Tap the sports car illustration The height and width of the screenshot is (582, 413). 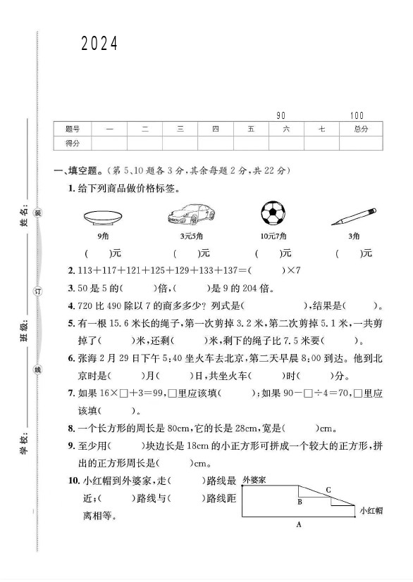coord(191,213)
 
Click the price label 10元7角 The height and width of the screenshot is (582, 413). coord(273,235)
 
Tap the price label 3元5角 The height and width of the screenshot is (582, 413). coord(191,235)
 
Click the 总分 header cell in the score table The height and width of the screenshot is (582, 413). coord(362,129)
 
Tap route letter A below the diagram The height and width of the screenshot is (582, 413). coord(299,524)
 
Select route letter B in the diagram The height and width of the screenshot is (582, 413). coord(300,502)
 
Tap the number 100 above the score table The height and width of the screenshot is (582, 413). coord(356,115)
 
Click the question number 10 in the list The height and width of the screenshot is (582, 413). coord(73,480)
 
